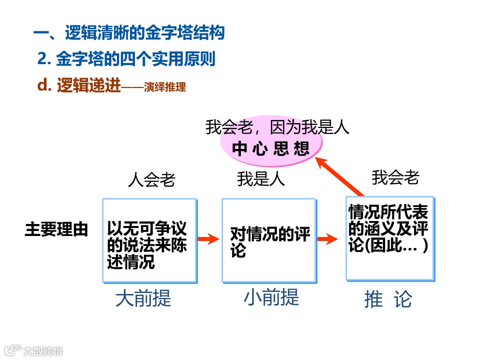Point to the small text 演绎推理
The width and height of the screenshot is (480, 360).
point(164,87)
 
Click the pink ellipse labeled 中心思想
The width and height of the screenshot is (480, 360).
point(271,148)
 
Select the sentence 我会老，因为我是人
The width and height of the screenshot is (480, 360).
point(277,127)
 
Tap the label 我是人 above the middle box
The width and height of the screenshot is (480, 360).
point(261,179)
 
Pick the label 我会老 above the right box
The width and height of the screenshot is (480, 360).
point(395,177)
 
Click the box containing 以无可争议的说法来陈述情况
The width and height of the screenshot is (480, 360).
point(149,240)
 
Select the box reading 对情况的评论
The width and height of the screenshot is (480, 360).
point(268,240)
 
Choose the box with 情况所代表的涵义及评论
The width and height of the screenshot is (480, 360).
point(389,238)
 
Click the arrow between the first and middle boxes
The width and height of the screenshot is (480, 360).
point(208,239)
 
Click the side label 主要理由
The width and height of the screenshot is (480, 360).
point(56,229)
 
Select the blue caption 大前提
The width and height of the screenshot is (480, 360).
point(143,298)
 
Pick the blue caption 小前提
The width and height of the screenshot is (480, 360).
point(271,297)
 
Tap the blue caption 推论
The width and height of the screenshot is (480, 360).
point(388,299)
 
